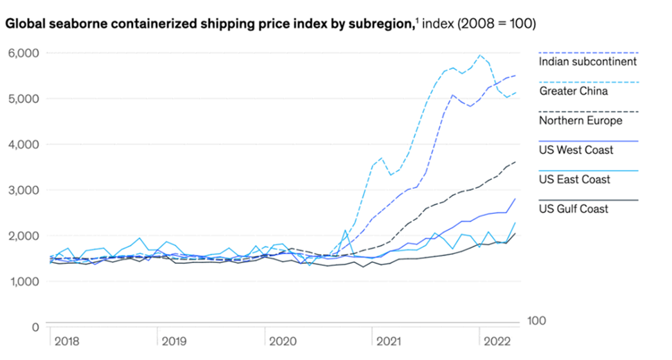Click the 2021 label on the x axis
pos(388,341)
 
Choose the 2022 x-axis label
pos(497,341)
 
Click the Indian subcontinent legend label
pos(587,61)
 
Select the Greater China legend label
pos(573,91)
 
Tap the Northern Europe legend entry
pos(581,120)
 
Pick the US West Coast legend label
pos(576,150)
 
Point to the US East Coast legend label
pos(575,179)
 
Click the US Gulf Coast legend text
pos(574,208)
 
